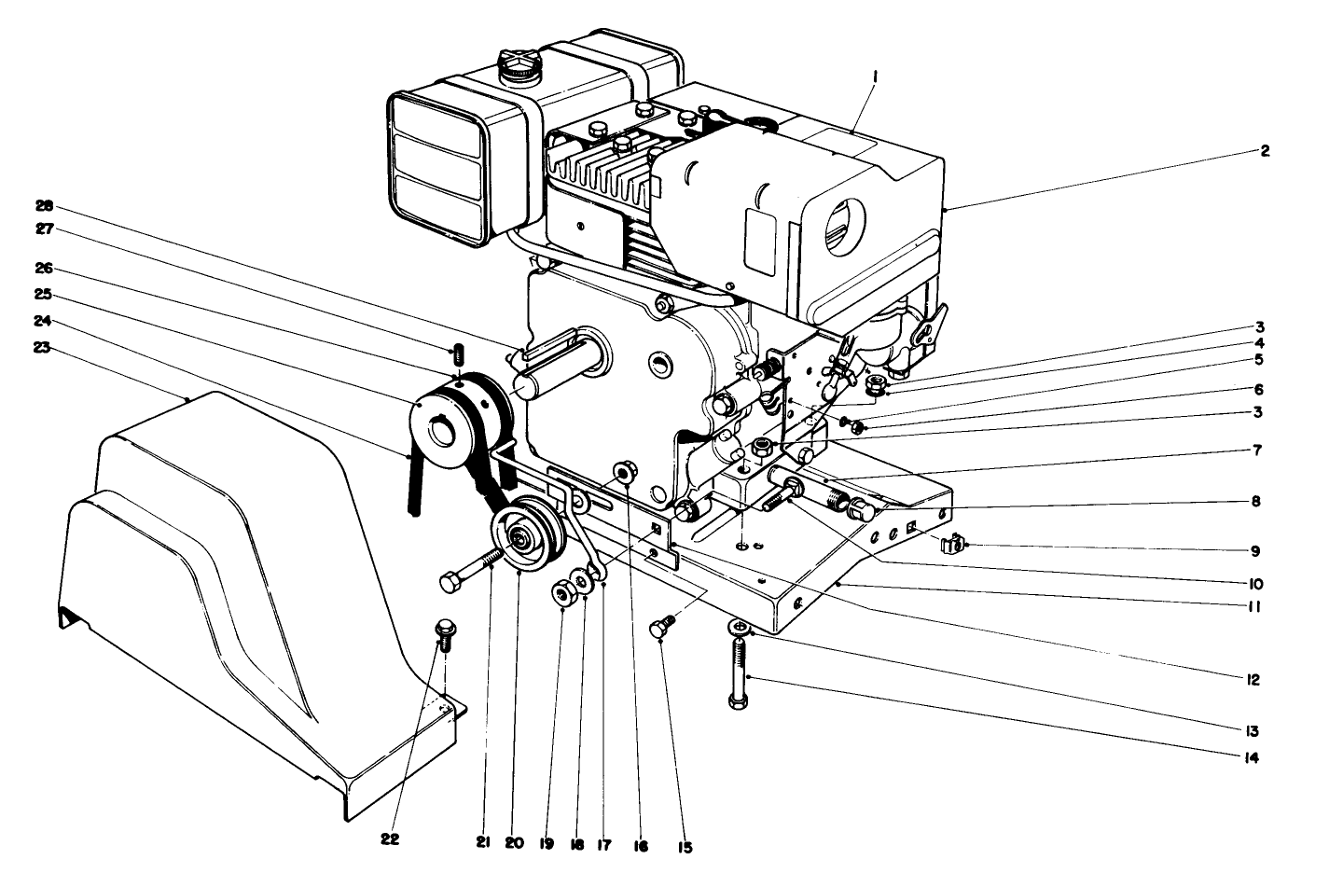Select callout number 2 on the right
pos(1265,151)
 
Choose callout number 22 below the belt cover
pos(390,838)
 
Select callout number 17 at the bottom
pos(603,843)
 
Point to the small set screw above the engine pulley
pos(458,355)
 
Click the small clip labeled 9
pos(948,545)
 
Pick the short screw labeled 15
pos(659,630)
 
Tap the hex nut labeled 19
pos(562,594)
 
